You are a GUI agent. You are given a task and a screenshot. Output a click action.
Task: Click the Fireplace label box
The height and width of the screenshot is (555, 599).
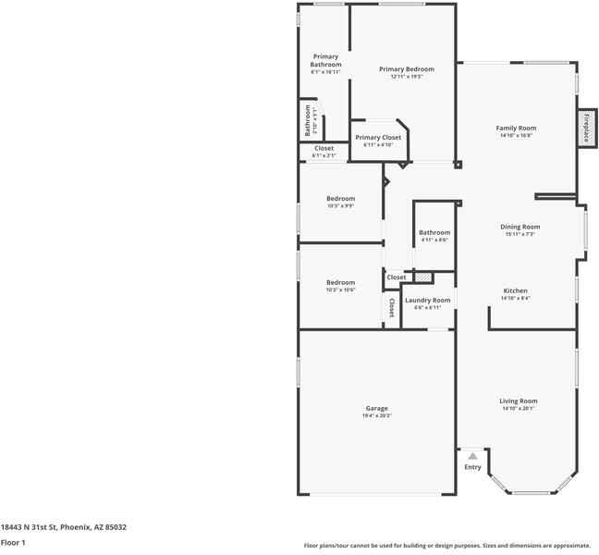pyautogui.click(x=585, y=128)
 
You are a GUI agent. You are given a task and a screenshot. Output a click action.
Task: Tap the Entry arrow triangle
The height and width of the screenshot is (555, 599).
pyautogui.click(x=472, y=455)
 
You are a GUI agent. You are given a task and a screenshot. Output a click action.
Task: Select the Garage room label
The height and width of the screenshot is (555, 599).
pyautogui.click(x=376, y=408)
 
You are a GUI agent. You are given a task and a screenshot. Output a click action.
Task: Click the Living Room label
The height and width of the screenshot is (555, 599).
pyautogui.click(x=518, y=401)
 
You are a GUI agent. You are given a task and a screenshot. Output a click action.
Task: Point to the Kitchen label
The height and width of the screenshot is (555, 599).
pyautogui.click(x=515, y=290)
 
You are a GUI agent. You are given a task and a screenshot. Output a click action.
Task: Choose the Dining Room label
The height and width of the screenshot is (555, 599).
pyautogui.click(x=520, y=227)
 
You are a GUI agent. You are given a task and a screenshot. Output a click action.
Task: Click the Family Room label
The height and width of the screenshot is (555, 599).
pyautogui.click(x=516, y=128)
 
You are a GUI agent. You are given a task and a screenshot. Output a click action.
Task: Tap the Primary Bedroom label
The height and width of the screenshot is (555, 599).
pyautogui.click(x=406, y=69)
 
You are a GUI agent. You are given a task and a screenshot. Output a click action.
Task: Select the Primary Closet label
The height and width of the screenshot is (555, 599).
pyautogui.click(x=378, y=137)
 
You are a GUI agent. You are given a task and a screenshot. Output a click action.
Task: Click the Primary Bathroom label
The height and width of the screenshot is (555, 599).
pyautogui.click(x=325, y=60)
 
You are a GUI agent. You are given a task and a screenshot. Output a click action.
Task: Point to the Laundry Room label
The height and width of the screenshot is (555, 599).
pyautogui.click(x=428, y=300)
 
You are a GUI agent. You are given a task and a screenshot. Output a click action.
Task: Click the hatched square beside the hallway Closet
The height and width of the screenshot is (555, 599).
pyautogui.click(x=422, y=277)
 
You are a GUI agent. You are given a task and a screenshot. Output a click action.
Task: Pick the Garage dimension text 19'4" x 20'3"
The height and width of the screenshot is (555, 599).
pyautogui.click(x=376, y=416)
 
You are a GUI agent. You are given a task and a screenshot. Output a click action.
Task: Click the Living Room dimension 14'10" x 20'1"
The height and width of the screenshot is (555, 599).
pyautogui.click(x=518, y=409)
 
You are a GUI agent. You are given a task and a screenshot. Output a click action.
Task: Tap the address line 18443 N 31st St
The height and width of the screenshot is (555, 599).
pyautogui.click(x=63, y=526)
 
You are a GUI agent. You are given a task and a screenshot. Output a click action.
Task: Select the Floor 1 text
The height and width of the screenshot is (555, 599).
pyautogui.click(x=12, y=542)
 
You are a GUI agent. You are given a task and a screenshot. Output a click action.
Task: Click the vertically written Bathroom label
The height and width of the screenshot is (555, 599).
pyautogui.click(x=309, y=120)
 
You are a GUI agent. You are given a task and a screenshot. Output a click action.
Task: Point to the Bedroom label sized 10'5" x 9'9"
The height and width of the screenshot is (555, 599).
pyautogui.click(x=340, y=199)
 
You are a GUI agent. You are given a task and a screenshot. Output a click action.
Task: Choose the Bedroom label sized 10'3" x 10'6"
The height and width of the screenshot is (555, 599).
pyautogui.click(x=340, y=282)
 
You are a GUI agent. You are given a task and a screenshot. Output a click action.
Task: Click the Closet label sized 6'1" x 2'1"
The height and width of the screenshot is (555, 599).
pyautogui.click(x=324, y=148)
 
